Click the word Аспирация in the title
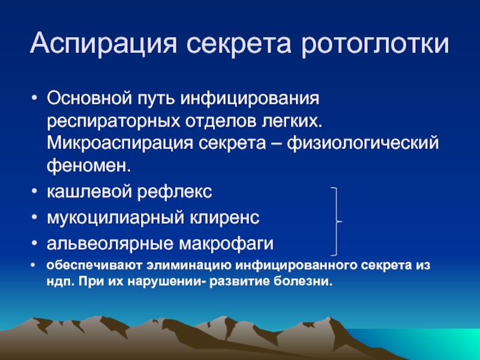coord(103,43)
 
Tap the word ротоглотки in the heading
coord(375,43)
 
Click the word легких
coord(292,121)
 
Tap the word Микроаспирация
coord(120,143)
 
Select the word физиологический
coord(363,143)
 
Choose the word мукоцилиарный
coord(116,218)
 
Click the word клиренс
coord(224,218)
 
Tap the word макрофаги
coord(226,244)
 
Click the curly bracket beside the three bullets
coord(337,221)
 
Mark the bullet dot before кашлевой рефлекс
coord(34,191)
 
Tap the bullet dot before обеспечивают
coord(33,265)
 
